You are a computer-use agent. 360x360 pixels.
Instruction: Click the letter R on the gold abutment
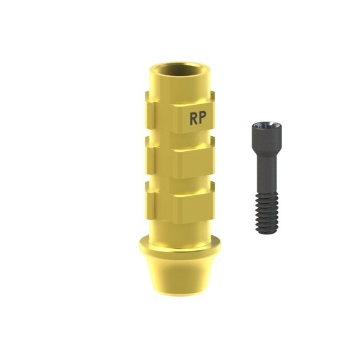(194, 119)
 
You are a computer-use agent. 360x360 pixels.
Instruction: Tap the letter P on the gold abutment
(202, 119)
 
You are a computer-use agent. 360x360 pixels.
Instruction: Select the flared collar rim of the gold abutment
(180, 248)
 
